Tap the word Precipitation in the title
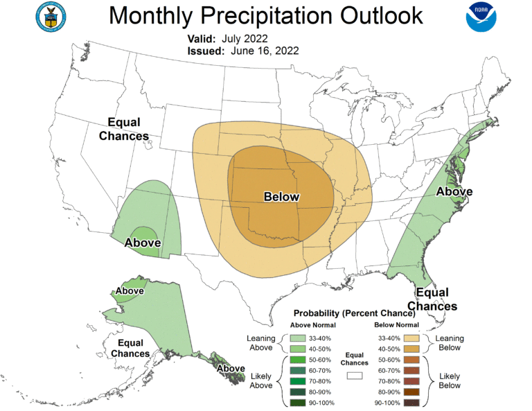[x=276, y=15]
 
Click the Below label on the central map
[x=281, y=197]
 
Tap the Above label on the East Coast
[x=454, y=191]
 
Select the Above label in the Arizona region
[x=143, y=243]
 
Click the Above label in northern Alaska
[x=130, y=291]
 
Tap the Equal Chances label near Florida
[x=432, y=299]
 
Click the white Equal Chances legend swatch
[x=355, y=376]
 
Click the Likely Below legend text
[x=450, y=381]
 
